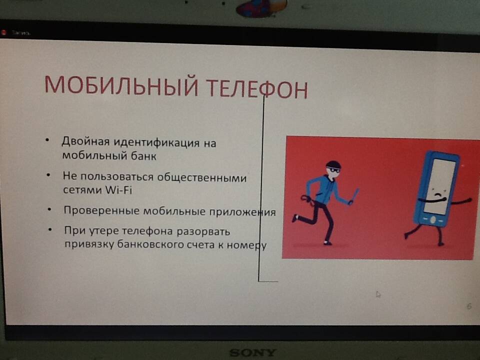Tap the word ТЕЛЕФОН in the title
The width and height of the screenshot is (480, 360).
257,88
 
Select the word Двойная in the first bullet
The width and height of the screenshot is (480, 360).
85,141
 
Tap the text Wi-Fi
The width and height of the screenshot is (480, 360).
119,190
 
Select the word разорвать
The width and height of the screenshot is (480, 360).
203,231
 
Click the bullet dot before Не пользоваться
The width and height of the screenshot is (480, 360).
48,175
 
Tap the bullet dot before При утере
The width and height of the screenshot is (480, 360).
50,229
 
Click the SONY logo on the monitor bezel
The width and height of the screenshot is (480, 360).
253,352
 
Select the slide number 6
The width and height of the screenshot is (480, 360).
469,306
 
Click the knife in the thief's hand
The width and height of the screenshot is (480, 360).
354,195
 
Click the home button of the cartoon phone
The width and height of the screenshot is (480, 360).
432,220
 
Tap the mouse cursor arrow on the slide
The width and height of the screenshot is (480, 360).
378,294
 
